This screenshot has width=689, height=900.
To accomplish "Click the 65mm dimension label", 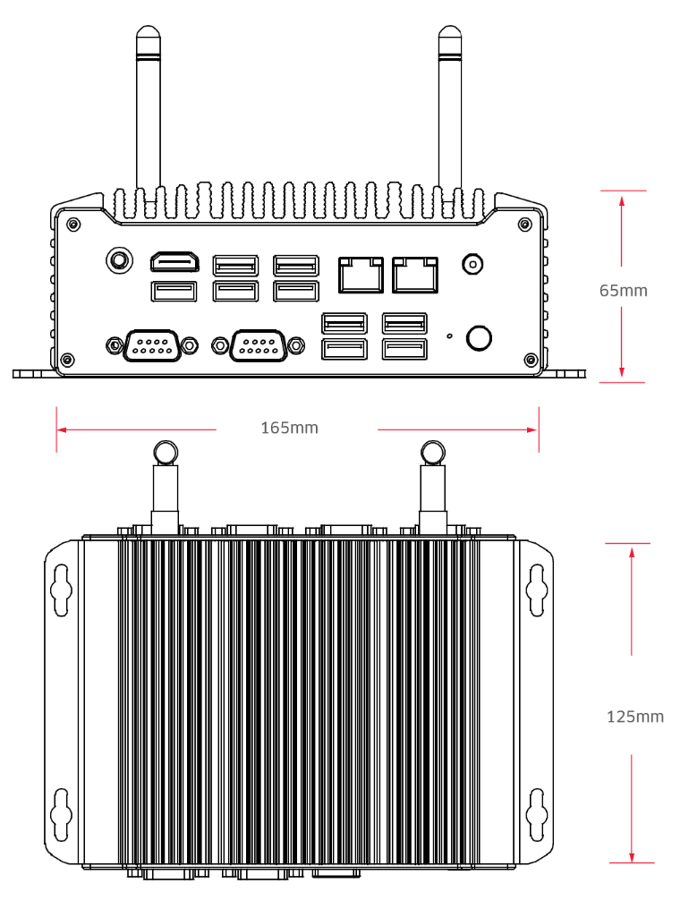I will pyautogui.click(x=623, y=291).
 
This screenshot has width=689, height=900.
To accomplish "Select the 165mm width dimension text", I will pyautogui.click(x=289, y=429).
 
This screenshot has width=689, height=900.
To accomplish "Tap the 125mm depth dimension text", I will pyautogui.click(x=635, y=717).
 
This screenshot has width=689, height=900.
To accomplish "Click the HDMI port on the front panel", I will pyautogui.click(x=174, y=262).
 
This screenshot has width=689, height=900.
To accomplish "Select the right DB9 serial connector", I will pyautogui.click(x=259, y=344).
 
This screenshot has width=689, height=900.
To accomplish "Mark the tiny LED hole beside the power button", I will pyautogui.click(x=449, y=337).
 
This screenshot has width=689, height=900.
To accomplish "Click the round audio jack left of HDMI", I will pyautogui.click(x=117, y=260).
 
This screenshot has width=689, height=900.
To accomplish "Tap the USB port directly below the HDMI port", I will pyautogui.click(x=174, y=292).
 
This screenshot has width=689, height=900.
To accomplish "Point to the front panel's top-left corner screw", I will pyautogui.click(x=72, y=223).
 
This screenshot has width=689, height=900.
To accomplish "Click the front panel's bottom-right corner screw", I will pyautogui.click(x=532, y=360).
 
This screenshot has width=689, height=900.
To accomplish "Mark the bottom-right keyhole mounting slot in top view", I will pyautogui.click(x=537, y=808).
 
